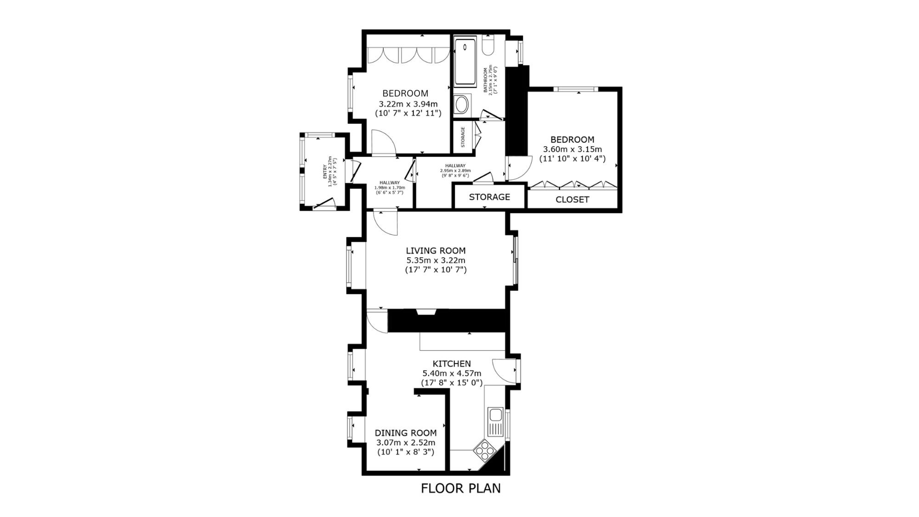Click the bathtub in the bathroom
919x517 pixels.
pos(465,62)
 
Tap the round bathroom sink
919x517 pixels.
pos(461,104)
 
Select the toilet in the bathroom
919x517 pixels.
pos(488,45)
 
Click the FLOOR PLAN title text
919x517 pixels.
pos(461,488)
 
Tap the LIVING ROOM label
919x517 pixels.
pos(436,250)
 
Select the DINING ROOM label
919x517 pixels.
pos(406,432)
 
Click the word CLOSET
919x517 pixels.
pos(572,199)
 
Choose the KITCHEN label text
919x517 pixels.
pos(452,364)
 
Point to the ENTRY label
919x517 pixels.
pos(325,172)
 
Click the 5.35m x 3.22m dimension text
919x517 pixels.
pos(436,260)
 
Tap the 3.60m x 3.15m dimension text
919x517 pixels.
pos(573,149)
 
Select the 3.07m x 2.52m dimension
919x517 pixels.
pos(406,443)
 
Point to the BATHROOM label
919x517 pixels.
pos(485,80)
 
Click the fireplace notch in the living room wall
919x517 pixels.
pos(426,312)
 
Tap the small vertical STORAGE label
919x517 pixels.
pos(463,137)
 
